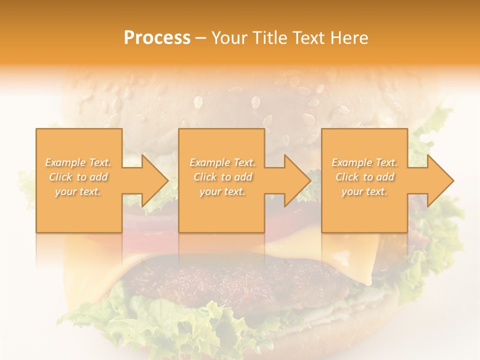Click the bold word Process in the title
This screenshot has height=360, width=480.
(x=157, y=38)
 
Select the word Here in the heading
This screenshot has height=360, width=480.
(x=349, y=38)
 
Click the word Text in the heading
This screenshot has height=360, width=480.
(x=309, y=38)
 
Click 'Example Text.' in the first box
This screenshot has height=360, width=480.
(x=78, y=162)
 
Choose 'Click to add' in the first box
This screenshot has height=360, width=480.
(x=78, y=177)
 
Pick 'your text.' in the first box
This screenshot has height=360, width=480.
(x=78, y=191)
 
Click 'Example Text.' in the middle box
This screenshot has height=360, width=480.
(x=222, y=162)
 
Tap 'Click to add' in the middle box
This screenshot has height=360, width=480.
(x=222, y=177)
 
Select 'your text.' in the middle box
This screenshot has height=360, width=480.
(x=222, y=191)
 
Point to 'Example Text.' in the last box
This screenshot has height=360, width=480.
(x=364, y=162)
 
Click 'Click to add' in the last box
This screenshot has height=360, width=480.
(x=364, y=177)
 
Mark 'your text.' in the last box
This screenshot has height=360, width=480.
(x=364, y=191)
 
